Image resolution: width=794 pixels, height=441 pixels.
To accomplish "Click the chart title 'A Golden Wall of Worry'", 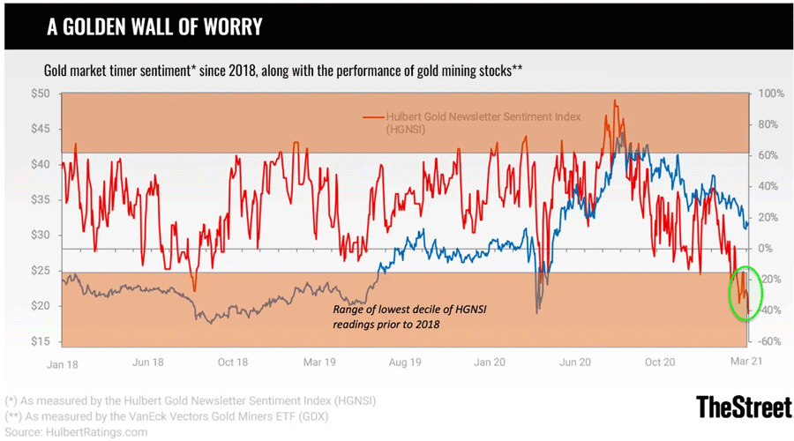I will click(x=154, y=26).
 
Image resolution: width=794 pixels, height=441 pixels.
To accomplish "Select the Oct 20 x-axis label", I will click(x=659, y=362).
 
